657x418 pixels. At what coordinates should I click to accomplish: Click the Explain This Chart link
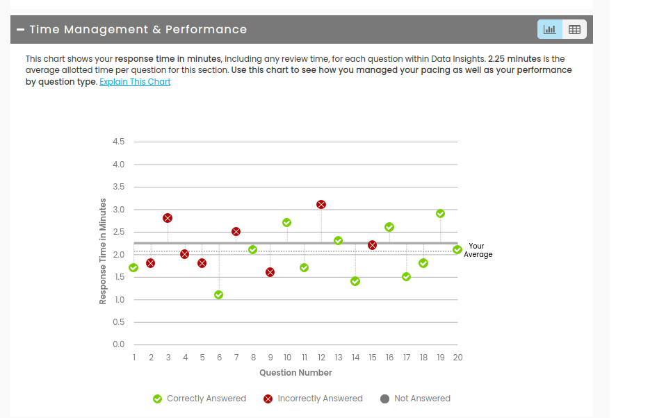[135, 82]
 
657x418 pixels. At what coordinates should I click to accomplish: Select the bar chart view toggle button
[549, 29]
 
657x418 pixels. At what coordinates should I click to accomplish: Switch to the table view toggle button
[574, 29]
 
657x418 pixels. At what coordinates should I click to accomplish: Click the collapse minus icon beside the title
[20, 29]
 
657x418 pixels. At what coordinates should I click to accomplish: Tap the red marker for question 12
[321, 205]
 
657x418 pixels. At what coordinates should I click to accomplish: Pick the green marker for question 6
[219, 295]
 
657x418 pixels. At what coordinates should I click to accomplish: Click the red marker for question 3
[168, 218]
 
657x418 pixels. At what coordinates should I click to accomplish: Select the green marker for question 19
[440, 214]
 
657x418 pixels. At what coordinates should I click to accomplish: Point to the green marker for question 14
[355, 281]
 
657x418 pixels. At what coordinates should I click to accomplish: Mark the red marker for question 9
[270, 272]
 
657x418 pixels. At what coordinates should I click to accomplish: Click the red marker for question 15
[372, 245]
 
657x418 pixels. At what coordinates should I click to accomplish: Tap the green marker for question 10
[286, 223]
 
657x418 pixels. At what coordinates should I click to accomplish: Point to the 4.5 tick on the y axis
[118, 142]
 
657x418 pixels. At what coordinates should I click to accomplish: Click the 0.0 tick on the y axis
[118, 344]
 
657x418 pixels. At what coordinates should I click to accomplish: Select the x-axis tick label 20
[457, 358]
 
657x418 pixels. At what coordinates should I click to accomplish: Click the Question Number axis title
[295, 373]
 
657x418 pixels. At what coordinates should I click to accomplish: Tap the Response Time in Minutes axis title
[103, 251]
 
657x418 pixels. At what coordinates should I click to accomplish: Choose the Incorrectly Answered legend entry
[313, 399]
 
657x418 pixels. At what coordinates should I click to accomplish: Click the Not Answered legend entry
[415, 399]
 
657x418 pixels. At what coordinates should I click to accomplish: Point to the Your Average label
[478, 250]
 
